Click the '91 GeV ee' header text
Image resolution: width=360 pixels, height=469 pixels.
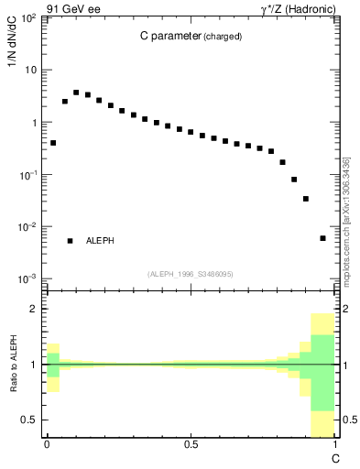coord(72,8)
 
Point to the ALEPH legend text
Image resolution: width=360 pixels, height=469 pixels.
coord(100,241)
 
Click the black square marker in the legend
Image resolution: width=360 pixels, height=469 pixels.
coord(70,241)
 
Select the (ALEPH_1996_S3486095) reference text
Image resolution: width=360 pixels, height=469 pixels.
coord(190,274)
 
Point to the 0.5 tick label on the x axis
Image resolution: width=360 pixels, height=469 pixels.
coord(190,444)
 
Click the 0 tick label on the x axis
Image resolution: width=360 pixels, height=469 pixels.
coord(47,444)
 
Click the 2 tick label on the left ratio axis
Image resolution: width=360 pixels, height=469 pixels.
coord(35,310)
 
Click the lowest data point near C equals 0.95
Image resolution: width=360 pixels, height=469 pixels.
coord(322,238)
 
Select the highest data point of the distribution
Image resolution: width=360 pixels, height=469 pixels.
coord(76,93)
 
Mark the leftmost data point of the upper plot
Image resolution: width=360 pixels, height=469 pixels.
coord(53,143)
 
